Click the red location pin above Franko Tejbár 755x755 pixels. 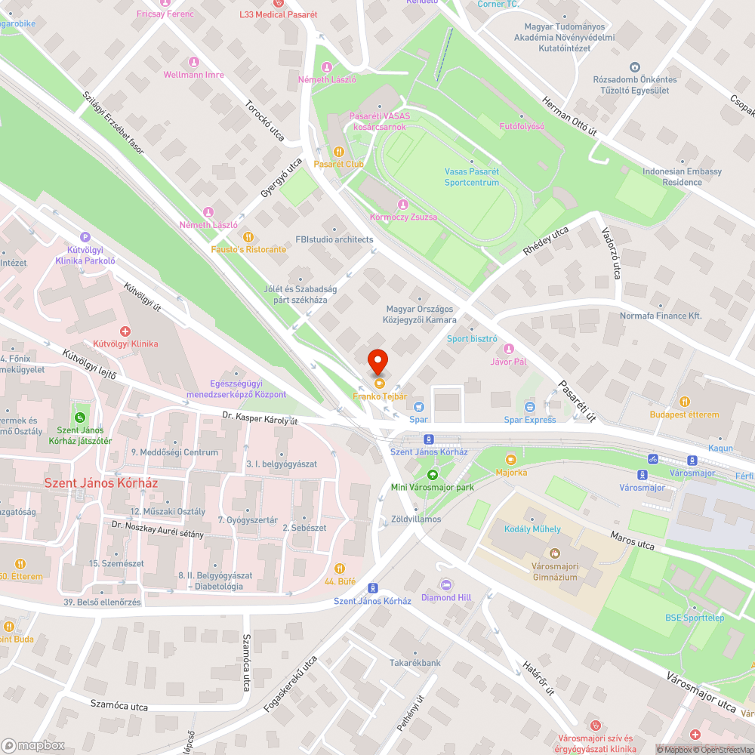coord(377,362)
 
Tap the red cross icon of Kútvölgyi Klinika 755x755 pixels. coord(125,331)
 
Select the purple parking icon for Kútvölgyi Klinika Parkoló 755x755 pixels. coord(85,236)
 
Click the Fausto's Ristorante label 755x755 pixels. coord(248,249)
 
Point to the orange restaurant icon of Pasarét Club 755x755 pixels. coord(339,151)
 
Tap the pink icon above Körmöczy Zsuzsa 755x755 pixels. coord(403,205)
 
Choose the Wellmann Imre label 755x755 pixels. coord(193,75)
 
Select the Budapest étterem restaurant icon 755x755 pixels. coord(684,402)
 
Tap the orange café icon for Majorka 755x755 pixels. coord(511,459)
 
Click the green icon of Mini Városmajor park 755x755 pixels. coord(432,475)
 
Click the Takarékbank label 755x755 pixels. coord(414,663)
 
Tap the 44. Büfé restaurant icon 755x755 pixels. coord(339,569)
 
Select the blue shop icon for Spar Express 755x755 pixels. coord(529,407)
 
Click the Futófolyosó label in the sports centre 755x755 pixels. coord(522,126)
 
